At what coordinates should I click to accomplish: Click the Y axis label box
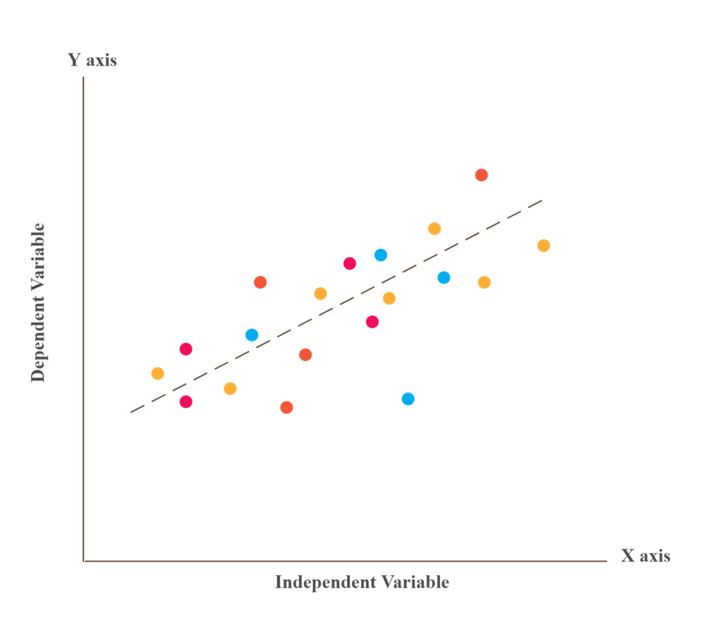[92, 60]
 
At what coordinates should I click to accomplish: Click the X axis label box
[645, 556]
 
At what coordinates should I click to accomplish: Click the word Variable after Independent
[415, 582]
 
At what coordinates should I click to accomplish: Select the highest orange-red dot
[481, 175]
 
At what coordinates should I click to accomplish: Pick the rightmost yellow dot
[543, 246]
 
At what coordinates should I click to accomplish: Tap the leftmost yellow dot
[157, 374]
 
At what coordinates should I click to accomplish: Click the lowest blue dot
[408, 398]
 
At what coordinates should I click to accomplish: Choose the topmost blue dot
[381, 255]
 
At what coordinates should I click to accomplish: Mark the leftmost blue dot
[251, 335]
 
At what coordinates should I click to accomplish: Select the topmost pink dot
[349, 263]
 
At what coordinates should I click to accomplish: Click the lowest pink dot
[186, 401]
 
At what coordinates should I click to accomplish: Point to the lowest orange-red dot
[286, 407]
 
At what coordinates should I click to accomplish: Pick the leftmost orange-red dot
[260, 283]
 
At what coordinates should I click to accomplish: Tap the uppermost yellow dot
[434, 229]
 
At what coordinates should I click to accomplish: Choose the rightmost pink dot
[372, 322]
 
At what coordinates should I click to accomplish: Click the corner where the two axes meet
[83, 561]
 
